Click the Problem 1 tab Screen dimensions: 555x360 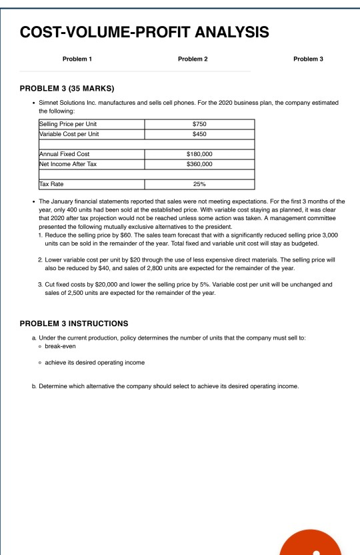pos(77,59)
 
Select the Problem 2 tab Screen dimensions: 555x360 pos(193,59)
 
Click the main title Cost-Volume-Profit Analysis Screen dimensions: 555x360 pos(145,31)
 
